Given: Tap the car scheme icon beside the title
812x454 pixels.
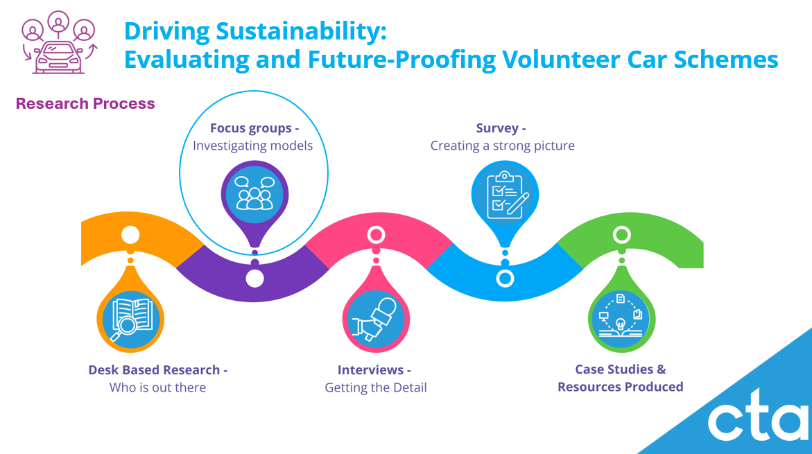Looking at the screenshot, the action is pos(58,42).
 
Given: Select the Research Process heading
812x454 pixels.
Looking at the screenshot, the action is pos(85,103).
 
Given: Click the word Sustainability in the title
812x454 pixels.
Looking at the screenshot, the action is pos(301,31).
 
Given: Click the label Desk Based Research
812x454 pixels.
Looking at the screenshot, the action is pos(155,370).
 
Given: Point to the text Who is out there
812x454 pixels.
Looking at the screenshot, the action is pos(157,387).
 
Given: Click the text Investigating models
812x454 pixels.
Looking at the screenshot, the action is pos(252,146).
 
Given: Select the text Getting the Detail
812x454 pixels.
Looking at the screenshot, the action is pos(375,387).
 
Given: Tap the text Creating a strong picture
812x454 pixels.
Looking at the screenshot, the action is pos(502,146).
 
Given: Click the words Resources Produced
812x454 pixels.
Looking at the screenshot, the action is pos(621,387).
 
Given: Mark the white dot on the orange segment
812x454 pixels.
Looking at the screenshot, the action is pos(130,234).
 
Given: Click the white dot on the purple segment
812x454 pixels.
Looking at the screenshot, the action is pos(254,279).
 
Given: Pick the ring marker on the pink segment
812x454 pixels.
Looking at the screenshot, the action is pos(376,235).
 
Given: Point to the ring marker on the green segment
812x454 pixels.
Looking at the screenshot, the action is pos(621,235).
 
